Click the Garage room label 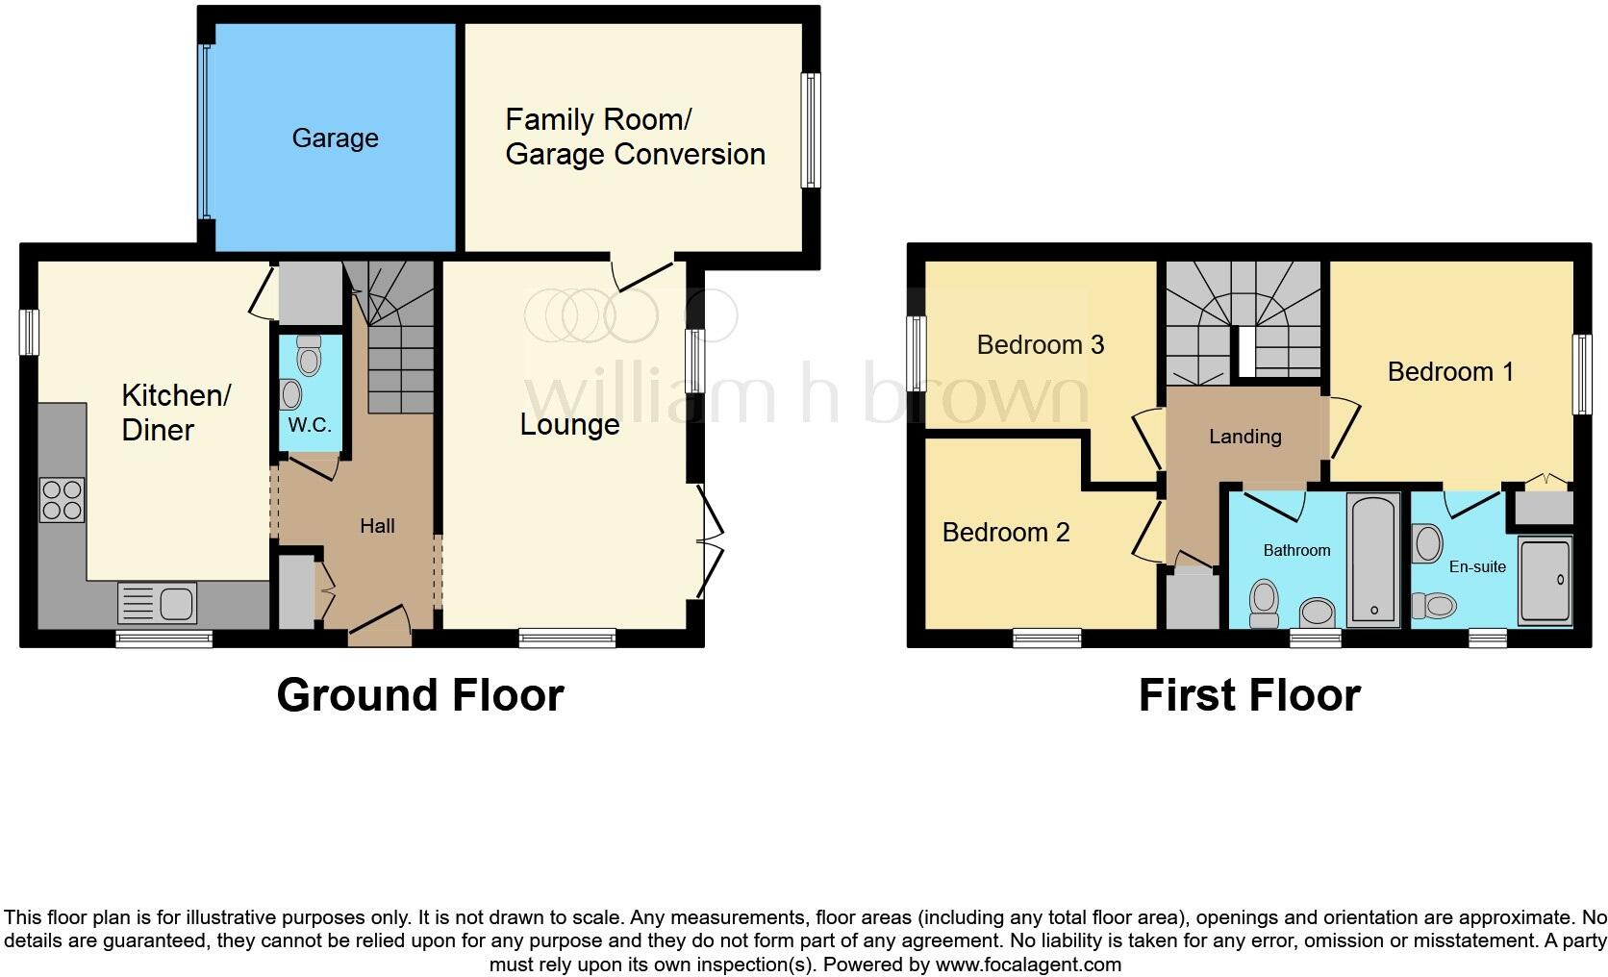(x=335, y=138)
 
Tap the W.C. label (x=310, y=425)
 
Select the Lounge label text (x=569, y=425)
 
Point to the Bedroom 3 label (x=1040, y=344)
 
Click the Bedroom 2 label (x=1005, y=532)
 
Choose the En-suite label (x=1476, y=566)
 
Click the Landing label (x=1244, y=437)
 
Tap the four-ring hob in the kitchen (x=62, y=500)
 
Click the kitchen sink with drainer (x=157, y=603)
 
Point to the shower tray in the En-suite (x=1545, y=581)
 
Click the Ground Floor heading (x=419, y=694)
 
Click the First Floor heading (x=1248, y=694)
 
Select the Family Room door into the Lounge (x=644, y=274)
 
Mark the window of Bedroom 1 (x=1581, y=374)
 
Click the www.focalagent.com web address (x=1027, y=964)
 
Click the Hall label (x=377, y=526)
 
